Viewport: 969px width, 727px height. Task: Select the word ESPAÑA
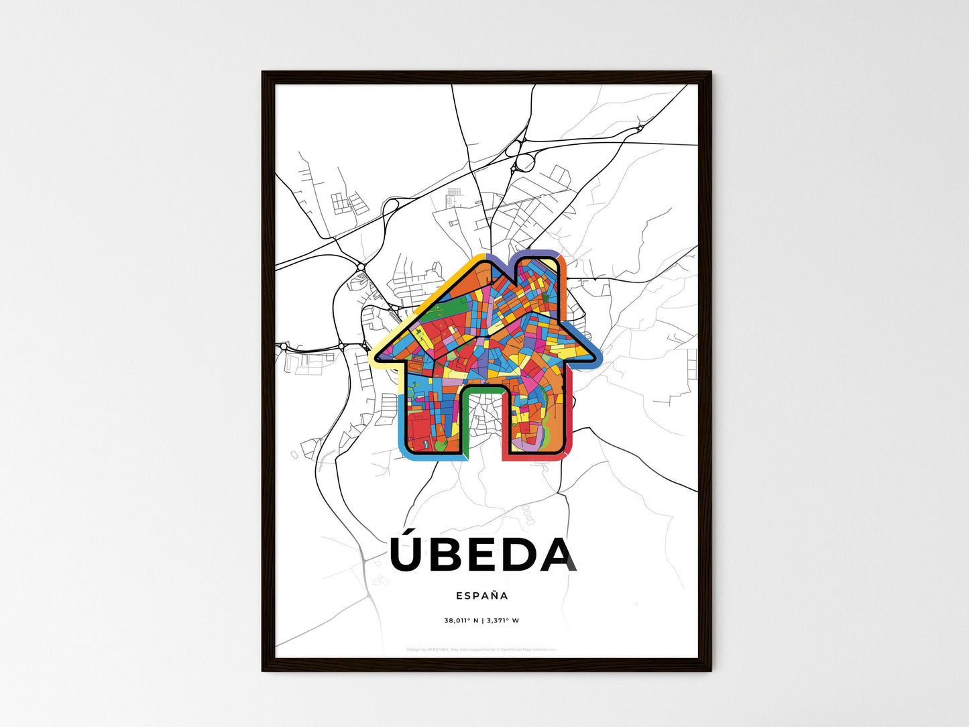pos(481,596)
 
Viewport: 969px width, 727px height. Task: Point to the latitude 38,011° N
pos(461,620)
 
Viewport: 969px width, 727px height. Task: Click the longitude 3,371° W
pos(502,620)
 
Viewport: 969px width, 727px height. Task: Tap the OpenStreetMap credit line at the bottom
pos(481,649)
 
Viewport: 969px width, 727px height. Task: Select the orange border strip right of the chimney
pos(563,272)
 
